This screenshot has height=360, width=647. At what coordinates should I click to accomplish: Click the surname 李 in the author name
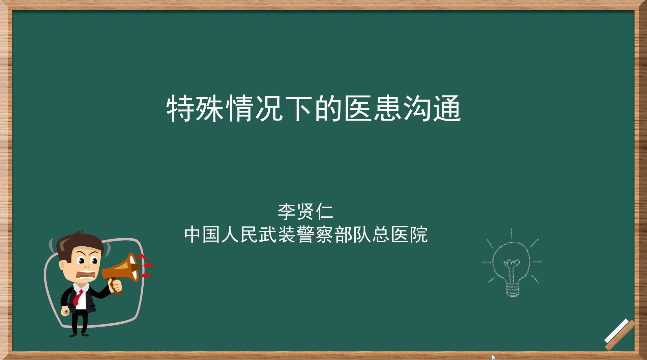click(287, 212)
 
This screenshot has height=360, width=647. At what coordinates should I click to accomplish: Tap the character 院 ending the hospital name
click(419, 234)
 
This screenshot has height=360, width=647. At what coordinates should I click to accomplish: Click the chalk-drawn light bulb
click(511, 263)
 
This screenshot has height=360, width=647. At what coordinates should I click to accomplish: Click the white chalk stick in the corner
click(617, 331)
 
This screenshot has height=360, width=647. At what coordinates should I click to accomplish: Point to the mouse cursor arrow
click(494, 357)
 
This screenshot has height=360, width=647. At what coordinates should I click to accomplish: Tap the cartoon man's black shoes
click(79, 334)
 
